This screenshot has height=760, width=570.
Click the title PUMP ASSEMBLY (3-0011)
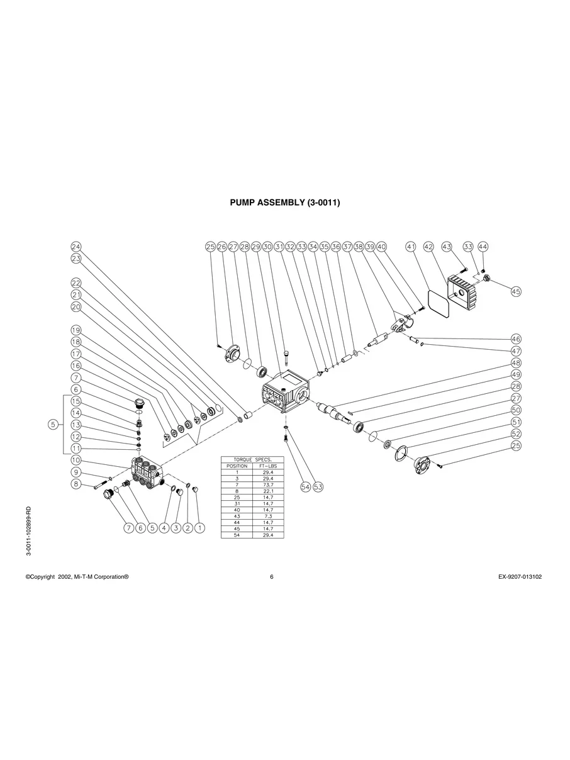point(285,203)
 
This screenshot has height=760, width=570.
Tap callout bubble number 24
point(76,247)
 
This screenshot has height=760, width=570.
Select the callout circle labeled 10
point(76,461)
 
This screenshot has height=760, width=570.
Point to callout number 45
point(516,291)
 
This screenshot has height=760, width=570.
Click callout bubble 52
point(516,433)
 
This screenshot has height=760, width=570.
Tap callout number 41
point(411,247)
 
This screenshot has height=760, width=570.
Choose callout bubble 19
point(76,330)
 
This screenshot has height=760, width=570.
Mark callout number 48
point(516,363)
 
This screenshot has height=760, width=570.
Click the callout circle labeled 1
point(199,528)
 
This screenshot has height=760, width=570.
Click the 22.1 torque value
point(267,491)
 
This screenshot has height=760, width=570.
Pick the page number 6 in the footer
point(271,577)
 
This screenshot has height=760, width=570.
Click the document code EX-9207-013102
point(515,577)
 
